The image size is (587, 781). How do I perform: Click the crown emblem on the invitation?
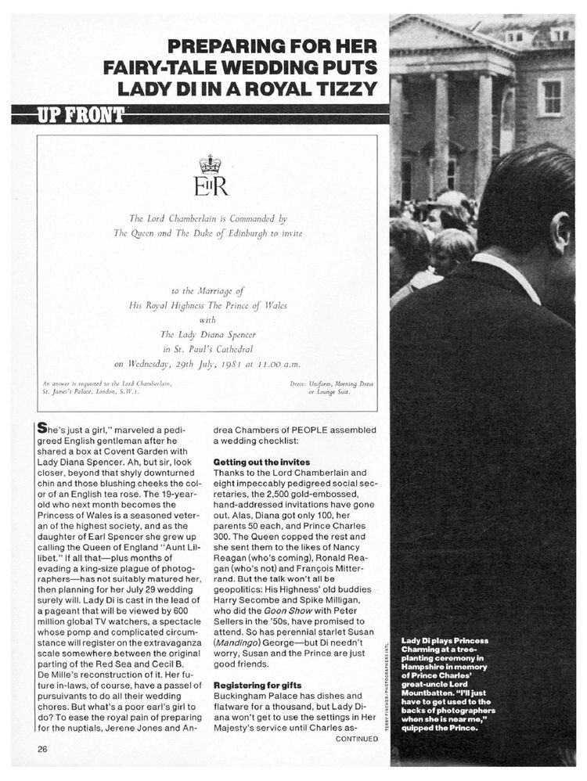pyautogui.click(x=211, y=164)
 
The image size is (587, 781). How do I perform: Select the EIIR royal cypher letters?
pyautogui.click(x=211, y=187)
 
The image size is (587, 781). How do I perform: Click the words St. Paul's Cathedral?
pyautogui.click(x=211, y=348)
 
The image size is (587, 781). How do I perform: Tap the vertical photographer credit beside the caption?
pyautogui.click(x=388, y=689)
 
